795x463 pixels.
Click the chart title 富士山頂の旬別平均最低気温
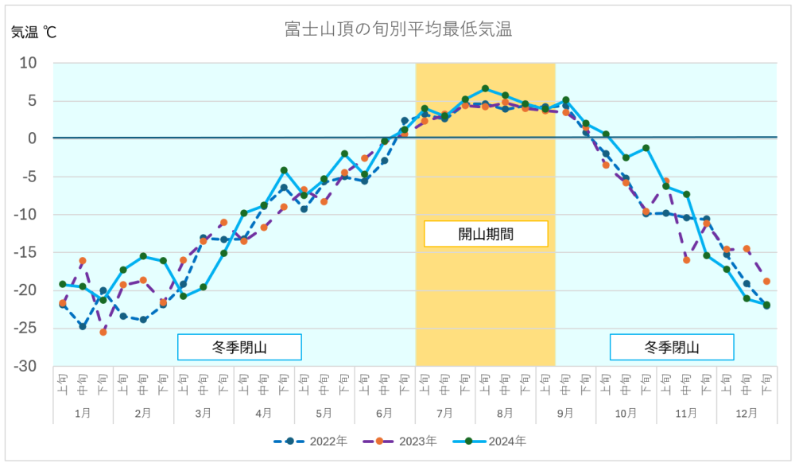[397, 30]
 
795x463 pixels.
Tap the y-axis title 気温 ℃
[33, 33]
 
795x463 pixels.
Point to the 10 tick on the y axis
[29, 63]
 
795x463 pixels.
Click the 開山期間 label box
[486, 234]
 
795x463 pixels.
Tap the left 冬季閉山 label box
[238, 347]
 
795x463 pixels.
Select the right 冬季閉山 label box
[672, 347]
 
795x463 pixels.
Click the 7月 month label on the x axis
[445, 413]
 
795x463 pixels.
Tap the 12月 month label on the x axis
[747, 413]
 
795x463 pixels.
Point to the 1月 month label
[83, 413]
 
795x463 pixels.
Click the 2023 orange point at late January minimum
[103, 332]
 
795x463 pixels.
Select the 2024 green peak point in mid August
[485, 88]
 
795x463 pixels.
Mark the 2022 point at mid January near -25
[83, 326]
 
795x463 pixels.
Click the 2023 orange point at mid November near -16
[686, 260]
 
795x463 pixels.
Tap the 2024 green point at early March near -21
[183, 296]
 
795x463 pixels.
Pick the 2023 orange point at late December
[766, 281]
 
